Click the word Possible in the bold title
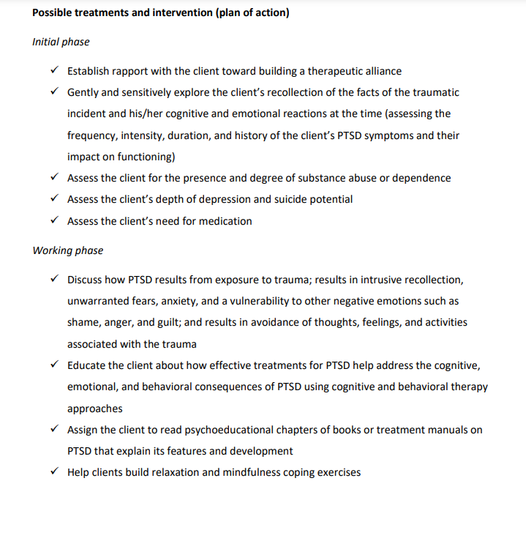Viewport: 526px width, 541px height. [52, 13]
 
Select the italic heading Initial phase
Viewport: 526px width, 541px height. [61, 42]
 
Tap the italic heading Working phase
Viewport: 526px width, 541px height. [67, 250]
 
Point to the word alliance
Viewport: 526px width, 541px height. [379, 71]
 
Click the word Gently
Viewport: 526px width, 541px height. [83, 92]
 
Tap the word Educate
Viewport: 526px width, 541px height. [88, 365]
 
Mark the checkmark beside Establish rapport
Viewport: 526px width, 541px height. [55, 71]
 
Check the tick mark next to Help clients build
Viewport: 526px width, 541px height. [55, 472]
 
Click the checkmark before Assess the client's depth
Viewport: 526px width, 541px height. [55, 199]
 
